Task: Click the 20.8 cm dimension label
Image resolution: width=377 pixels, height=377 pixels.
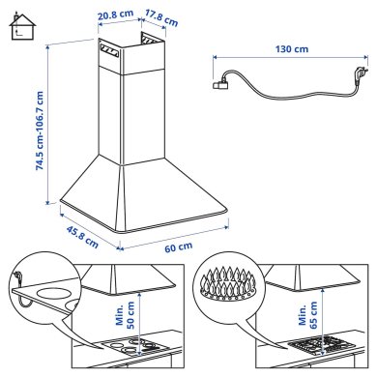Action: click(114, 15)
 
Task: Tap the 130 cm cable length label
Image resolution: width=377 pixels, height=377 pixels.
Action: click(292, 47)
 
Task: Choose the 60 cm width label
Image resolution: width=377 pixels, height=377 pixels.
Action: click(176, 248)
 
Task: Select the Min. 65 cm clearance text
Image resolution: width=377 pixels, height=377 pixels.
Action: click(308, 313)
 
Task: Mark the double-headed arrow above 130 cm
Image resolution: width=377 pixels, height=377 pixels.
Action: click(292, 60)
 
